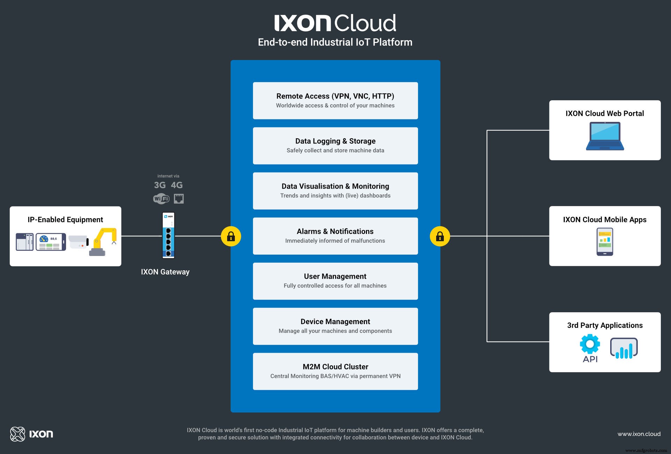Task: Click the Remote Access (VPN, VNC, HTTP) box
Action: click(x=335, y=101)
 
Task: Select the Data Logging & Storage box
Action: click(x=335, y=146)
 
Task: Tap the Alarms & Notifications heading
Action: click(x=335, y=231)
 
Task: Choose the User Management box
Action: click(x=335, y=281)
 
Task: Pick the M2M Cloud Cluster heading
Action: click(x=335, y=367)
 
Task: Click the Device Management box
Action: click(x=335, y=326)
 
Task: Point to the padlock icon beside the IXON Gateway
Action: click(x=231, y=236)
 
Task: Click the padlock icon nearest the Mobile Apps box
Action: click(x=440, y=236)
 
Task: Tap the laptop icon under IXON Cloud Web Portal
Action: click(x=605, y=136)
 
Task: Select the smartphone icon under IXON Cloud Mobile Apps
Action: click(x=605, y=242)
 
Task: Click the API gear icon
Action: click(x=590, y=344)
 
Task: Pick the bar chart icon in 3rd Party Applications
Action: click(x=624, y=348)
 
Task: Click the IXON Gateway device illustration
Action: click(x=168, y=235)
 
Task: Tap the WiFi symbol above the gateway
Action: click(x=161, y=199)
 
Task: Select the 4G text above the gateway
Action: click(x=176, y=185)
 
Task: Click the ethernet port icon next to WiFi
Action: click(x=179, y=199)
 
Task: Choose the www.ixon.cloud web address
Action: click(x=639, y=434)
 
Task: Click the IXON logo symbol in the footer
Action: click(x=17, y=434)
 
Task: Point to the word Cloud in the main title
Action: click(x=365, y=23)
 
